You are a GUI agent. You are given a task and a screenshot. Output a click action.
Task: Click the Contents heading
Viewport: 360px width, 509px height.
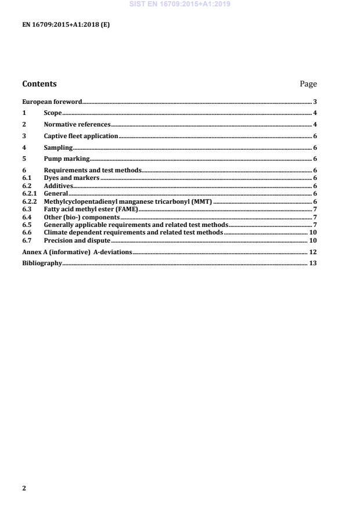point(39,84)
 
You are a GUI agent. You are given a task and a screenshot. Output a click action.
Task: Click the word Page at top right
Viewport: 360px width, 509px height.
point(308,84)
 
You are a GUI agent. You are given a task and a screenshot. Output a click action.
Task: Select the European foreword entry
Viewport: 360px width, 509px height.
point(52,102)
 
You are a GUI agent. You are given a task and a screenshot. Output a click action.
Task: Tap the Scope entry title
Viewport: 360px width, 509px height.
point(53,113)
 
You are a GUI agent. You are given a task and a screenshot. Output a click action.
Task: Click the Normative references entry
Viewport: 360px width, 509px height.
point(77,124)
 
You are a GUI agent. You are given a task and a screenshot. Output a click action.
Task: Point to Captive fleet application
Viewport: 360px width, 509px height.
point(81,136)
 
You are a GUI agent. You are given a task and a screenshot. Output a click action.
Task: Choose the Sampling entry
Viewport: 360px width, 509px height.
point(58,147)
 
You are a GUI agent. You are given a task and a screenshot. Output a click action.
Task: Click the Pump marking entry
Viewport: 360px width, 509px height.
point(67,158)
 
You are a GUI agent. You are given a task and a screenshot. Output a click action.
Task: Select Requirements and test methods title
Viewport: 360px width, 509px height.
point(92,170)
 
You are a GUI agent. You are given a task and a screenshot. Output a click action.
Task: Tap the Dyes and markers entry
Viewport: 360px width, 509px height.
point(72,178)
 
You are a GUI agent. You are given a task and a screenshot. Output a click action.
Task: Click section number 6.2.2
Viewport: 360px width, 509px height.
point(29,201)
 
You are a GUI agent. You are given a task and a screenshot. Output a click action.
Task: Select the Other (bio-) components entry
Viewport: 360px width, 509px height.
point(81,216)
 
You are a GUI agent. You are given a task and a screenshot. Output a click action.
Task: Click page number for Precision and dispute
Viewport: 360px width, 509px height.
point(312,240)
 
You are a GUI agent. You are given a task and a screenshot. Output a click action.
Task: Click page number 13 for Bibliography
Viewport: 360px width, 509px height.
point(312,263)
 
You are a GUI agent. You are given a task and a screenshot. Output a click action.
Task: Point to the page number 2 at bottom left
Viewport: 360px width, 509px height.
point(24,488)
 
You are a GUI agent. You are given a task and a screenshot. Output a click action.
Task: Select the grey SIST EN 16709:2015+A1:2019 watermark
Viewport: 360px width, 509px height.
point(179,4)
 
